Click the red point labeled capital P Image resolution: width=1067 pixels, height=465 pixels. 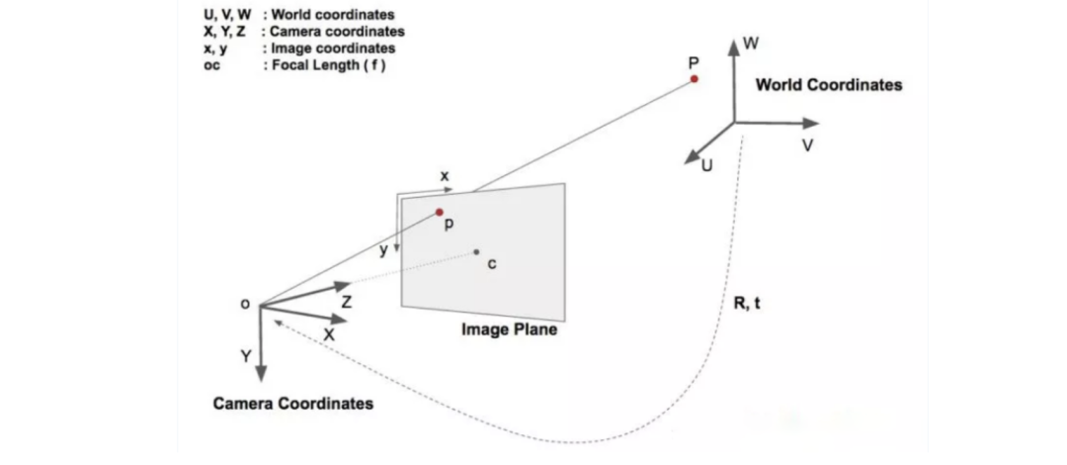[695, 78]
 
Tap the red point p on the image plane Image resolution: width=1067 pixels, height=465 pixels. [440, 212]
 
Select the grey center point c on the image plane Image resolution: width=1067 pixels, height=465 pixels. [476, 252]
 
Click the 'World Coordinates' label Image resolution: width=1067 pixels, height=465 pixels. [828, 85]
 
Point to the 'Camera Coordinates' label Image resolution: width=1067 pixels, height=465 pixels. [293, 404]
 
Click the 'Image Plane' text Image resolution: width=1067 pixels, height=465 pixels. [509, 329]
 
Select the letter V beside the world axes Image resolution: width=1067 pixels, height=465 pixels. [808, 145]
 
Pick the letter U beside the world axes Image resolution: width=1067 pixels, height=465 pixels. [705, 167]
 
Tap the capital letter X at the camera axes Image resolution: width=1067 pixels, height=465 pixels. [329, 334]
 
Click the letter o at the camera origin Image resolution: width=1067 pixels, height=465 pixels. [245, 304]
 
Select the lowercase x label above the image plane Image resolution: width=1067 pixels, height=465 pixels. [445, 176]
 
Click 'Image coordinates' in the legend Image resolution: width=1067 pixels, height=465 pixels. [335, 47]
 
